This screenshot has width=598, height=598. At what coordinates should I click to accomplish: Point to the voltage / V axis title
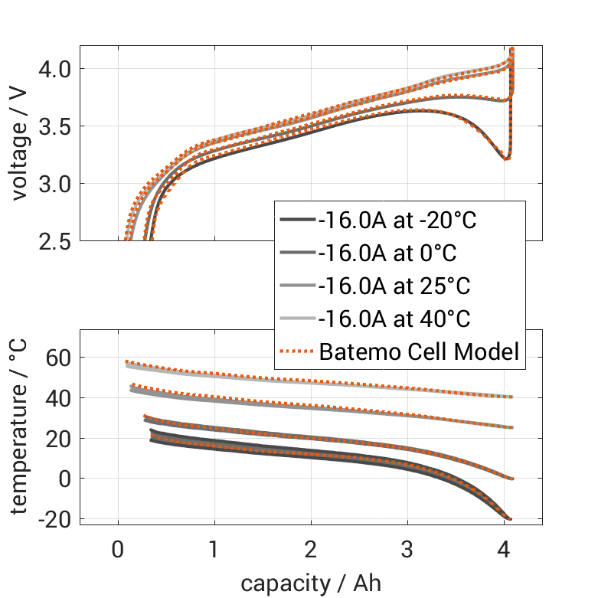20,144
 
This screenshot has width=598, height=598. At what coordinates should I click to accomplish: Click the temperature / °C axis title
20,427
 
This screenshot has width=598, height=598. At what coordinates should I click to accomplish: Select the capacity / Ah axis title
310,582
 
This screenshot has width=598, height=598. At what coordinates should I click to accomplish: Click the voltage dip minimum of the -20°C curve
506,158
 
